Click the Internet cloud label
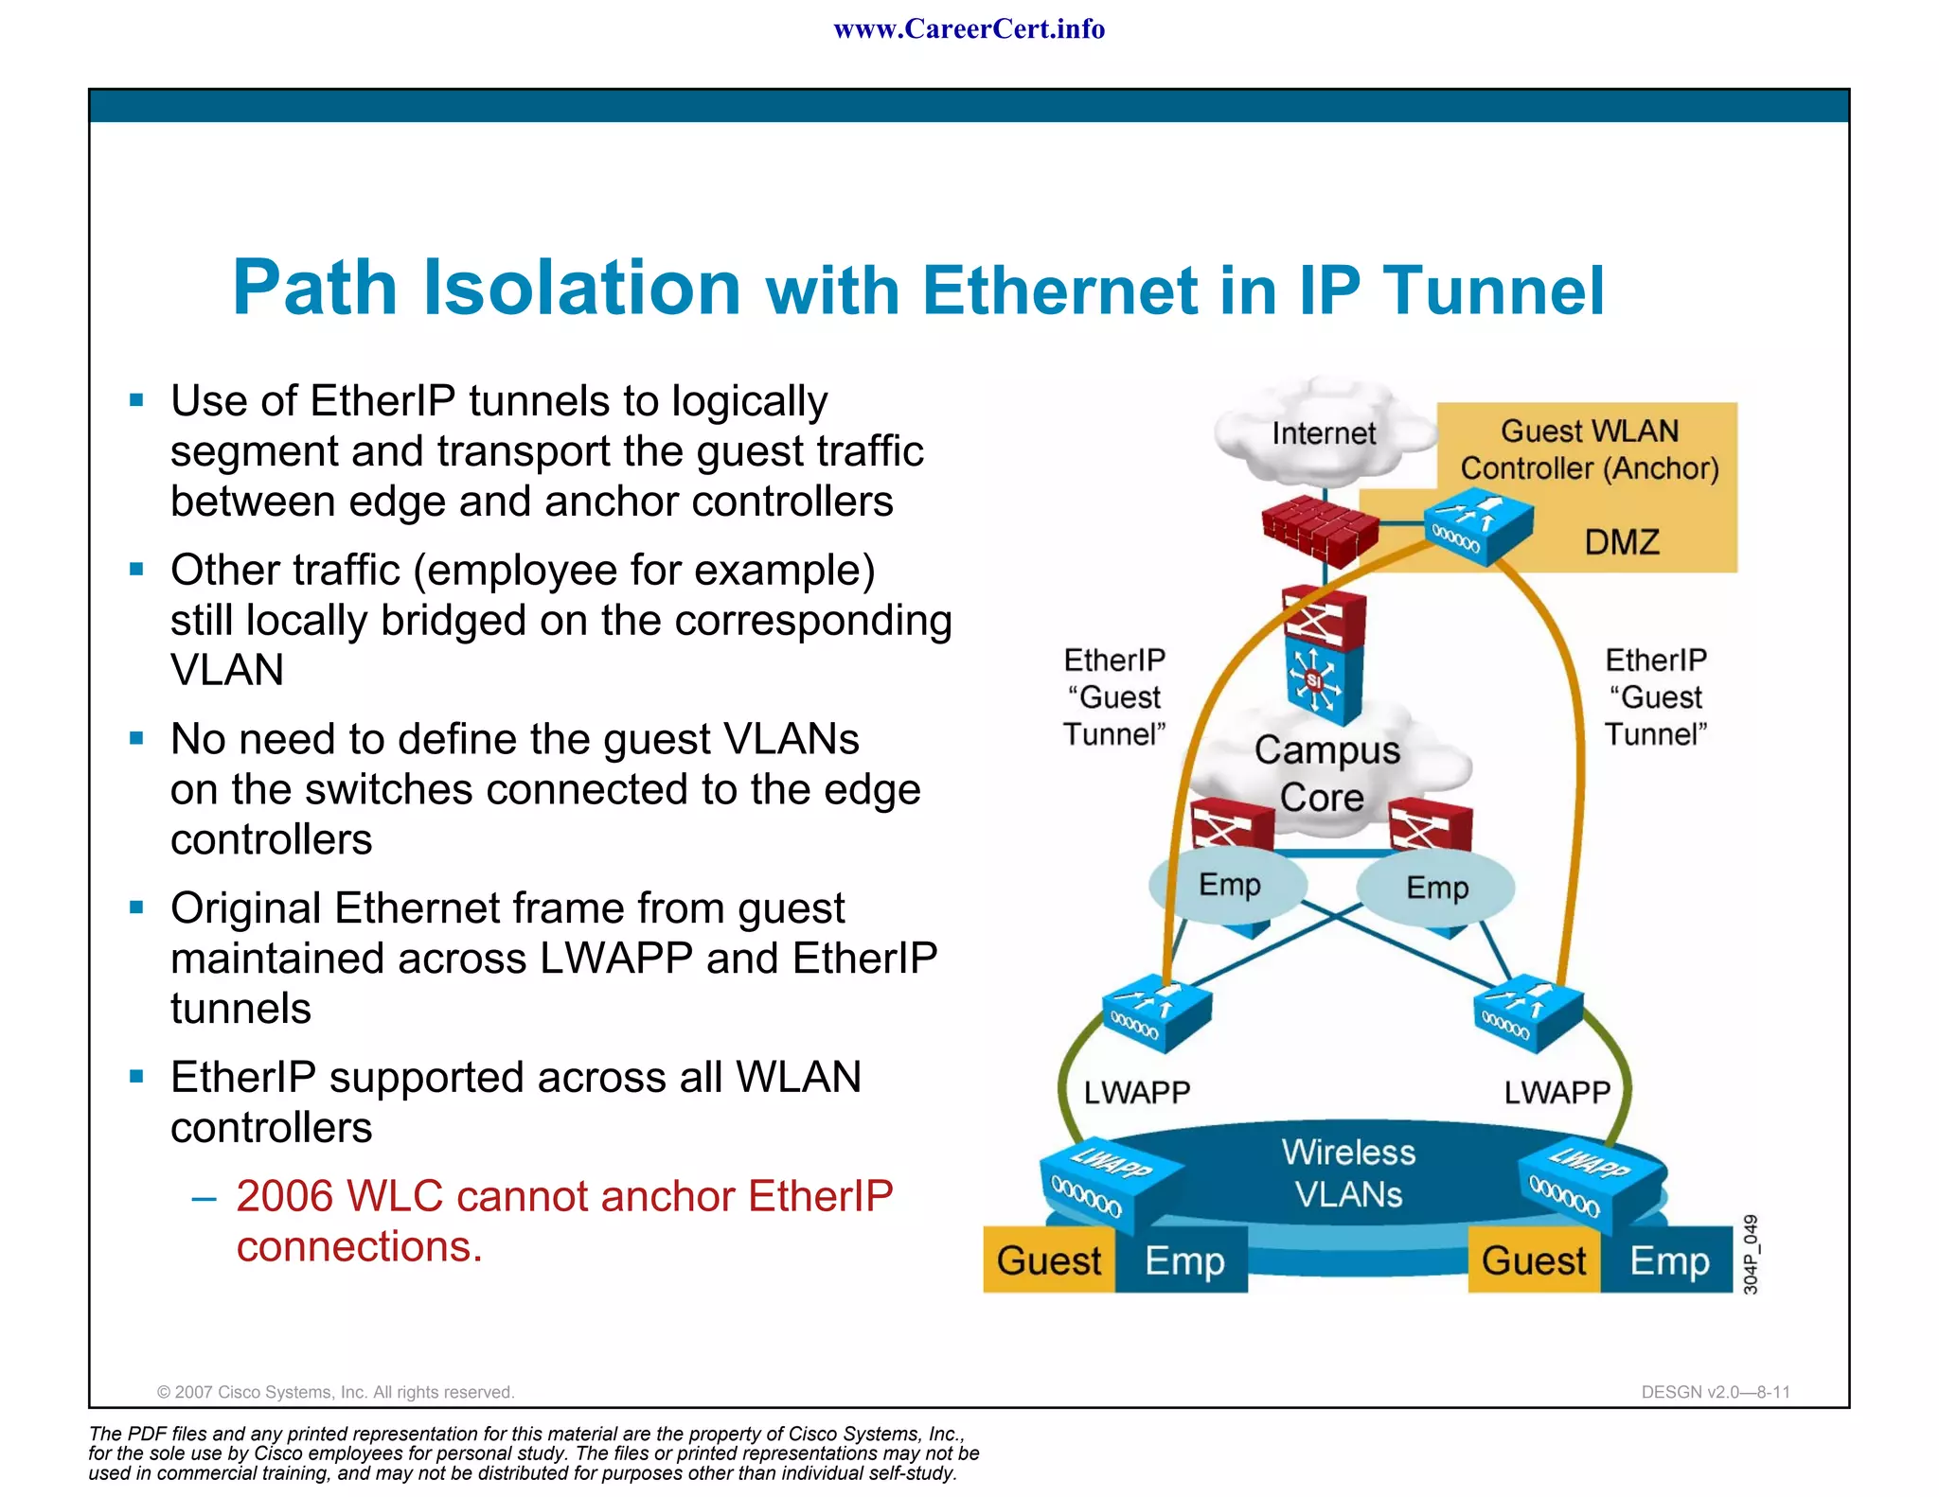(1323, 433)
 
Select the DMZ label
(1622, 542)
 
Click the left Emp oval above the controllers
(1229, 885)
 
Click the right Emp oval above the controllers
(1436, 888)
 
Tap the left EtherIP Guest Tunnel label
(1114, 696)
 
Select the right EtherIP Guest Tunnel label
(1656, 696)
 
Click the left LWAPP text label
(1136, 1092)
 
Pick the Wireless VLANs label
(1348, 1173)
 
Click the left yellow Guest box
(1049, 1260)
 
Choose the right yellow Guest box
(1534, 1260)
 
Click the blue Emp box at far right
(1669, 1260)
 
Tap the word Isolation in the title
(581, 288)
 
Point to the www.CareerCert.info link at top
(969, 29)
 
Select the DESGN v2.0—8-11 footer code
(1715, 1392)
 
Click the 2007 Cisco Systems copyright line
(335, 1392)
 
